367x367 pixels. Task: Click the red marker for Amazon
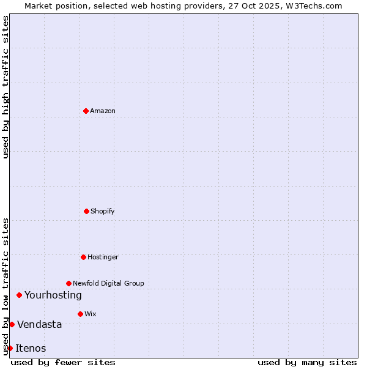click(x=86, y=111)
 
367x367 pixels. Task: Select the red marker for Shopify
click(x=86, y=211)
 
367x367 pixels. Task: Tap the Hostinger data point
click(x=83, y=257)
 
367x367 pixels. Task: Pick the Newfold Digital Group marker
click(x=69, y=283)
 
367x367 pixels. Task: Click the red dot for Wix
click(x=80, y=314)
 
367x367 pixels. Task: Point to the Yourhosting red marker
click(x=19, y=295)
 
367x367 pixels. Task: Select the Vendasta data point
click(x=12, y=324)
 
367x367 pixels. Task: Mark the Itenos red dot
click(x=10, y=348)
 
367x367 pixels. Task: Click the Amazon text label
click(x=103, y=111)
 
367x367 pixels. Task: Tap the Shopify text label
click(x=103, y=211)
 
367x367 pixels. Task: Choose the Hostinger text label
click(x=103, y=257)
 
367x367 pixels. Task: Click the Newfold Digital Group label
click(x=108, y=283)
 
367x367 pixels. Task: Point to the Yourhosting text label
click(x=53, y=295)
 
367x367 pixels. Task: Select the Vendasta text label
click(x=40, y=324)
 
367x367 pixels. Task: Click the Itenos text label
click(x=31, y=348)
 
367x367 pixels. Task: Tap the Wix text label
click(x=91, y=314)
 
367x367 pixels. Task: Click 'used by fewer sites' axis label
click(x=63, y=362)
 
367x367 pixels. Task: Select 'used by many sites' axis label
click(x=307, y=362)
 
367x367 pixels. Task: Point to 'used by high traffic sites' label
click(x=6, y=87)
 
